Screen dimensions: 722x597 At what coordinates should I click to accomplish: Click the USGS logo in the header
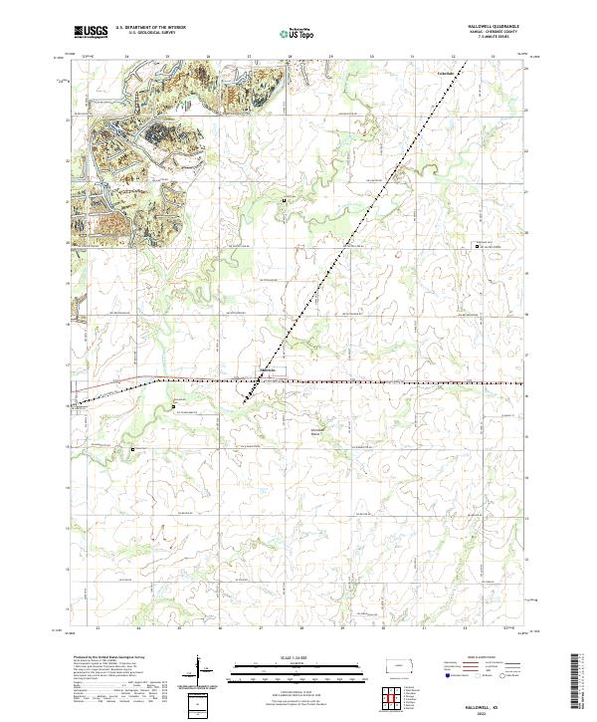pos(91,32)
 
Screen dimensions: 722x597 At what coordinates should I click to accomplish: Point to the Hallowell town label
pos(268,371)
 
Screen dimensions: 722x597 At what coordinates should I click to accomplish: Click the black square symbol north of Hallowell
pos(284,201)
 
